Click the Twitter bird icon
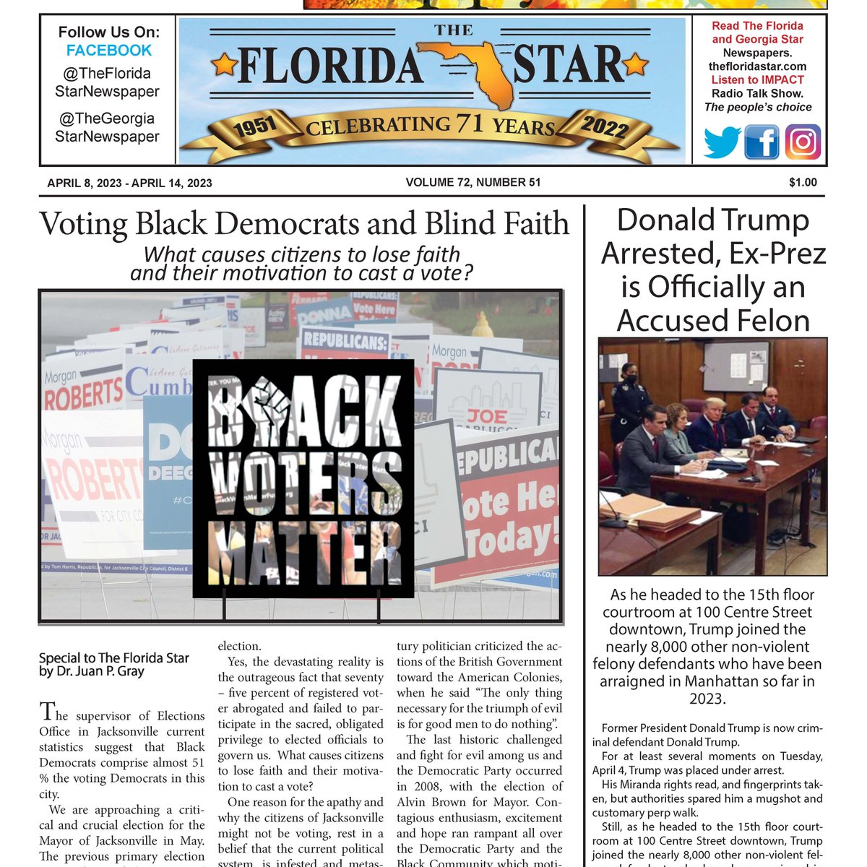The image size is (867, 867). pyautogui.click(x=721, y=142)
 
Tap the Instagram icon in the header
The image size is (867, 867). pyautogui.click(x=803, y=142)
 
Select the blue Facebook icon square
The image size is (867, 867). pyautogui.click(x=762, y=142)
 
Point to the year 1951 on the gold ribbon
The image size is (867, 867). pyautogui.click(x=255, y=126)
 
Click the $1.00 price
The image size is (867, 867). pyautogui.click(x=803, y=183)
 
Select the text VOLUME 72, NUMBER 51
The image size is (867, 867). pyautogui.click(x=473, y=183)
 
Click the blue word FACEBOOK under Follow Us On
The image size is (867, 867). pyautogui.click(x=109, y=51)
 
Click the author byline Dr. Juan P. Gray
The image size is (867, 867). pyautogui.click(x=92, y=671)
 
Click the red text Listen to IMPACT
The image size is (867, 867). pyautogui.click(x=757, y=80)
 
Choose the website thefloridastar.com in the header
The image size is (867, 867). pyautogui.click(x=757, y=66)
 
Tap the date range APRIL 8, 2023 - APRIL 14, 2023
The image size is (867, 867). pyautogui.click(x=129, y=184)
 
